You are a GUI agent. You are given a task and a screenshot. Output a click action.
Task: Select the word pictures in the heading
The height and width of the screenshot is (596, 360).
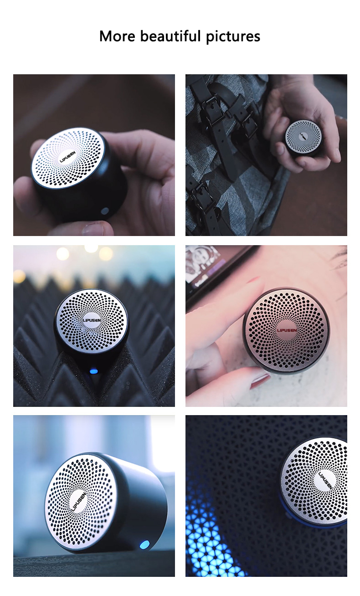(233, 36)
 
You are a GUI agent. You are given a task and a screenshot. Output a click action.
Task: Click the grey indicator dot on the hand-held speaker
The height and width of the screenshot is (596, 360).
(105, 211)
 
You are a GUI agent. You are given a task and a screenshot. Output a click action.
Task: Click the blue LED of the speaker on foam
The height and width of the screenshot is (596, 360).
(94, 371)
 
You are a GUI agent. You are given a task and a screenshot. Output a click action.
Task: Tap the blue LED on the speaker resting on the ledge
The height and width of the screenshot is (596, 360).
(145, 544)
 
